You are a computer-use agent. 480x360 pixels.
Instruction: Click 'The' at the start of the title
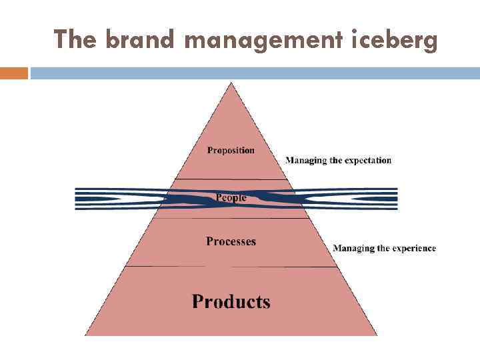[x=77, y=40]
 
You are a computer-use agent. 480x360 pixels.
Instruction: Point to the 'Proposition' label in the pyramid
[x=231, y=151]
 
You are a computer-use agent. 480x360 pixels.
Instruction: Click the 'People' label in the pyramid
[x=231, y=197]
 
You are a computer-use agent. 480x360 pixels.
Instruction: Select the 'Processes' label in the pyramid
[x=231, y=241]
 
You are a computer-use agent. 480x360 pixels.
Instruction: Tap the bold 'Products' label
[x=231, y=301]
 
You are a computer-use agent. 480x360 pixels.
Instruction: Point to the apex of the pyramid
[x=231, y=83]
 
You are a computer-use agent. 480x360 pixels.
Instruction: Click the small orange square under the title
[x=14, y=73]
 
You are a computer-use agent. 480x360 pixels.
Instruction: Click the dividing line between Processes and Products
[x=231, y=267]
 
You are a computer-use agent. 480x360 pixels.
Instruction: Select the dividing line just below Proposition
[x=231, y=179]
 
